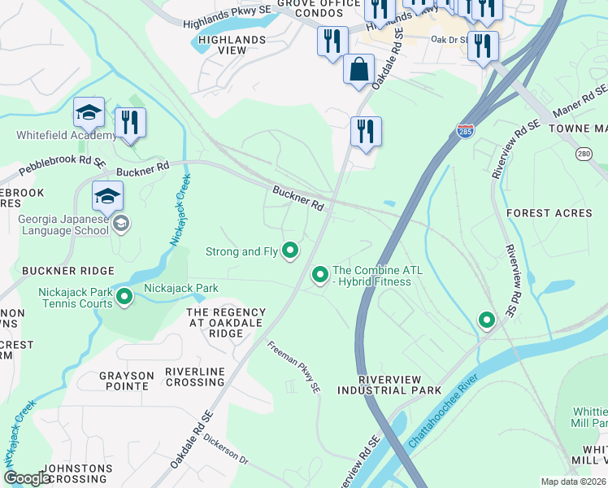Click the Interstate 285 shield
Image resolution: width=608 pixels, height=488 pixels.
[x=464, y=131]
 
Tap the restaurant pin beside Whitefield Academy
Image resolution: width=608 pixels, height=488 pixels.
[x=130, y=123]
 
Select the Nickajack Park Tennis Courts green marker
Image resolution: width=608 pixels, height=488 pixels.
[x=124, y=298]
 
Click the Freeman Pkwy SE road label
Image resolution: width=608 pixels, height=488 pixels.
[x=295, y=368]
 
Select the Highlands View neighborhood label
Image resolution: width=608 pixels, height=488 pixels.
[x=222, y=45]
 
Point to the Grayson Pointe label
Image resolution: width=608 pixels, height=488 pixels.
[x=126, y=381]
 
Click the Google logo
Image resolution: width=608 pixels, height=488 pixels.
[x=26, y=478]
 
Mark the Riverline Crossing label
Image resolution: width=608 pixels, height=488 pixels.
[x=194, y=377]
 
